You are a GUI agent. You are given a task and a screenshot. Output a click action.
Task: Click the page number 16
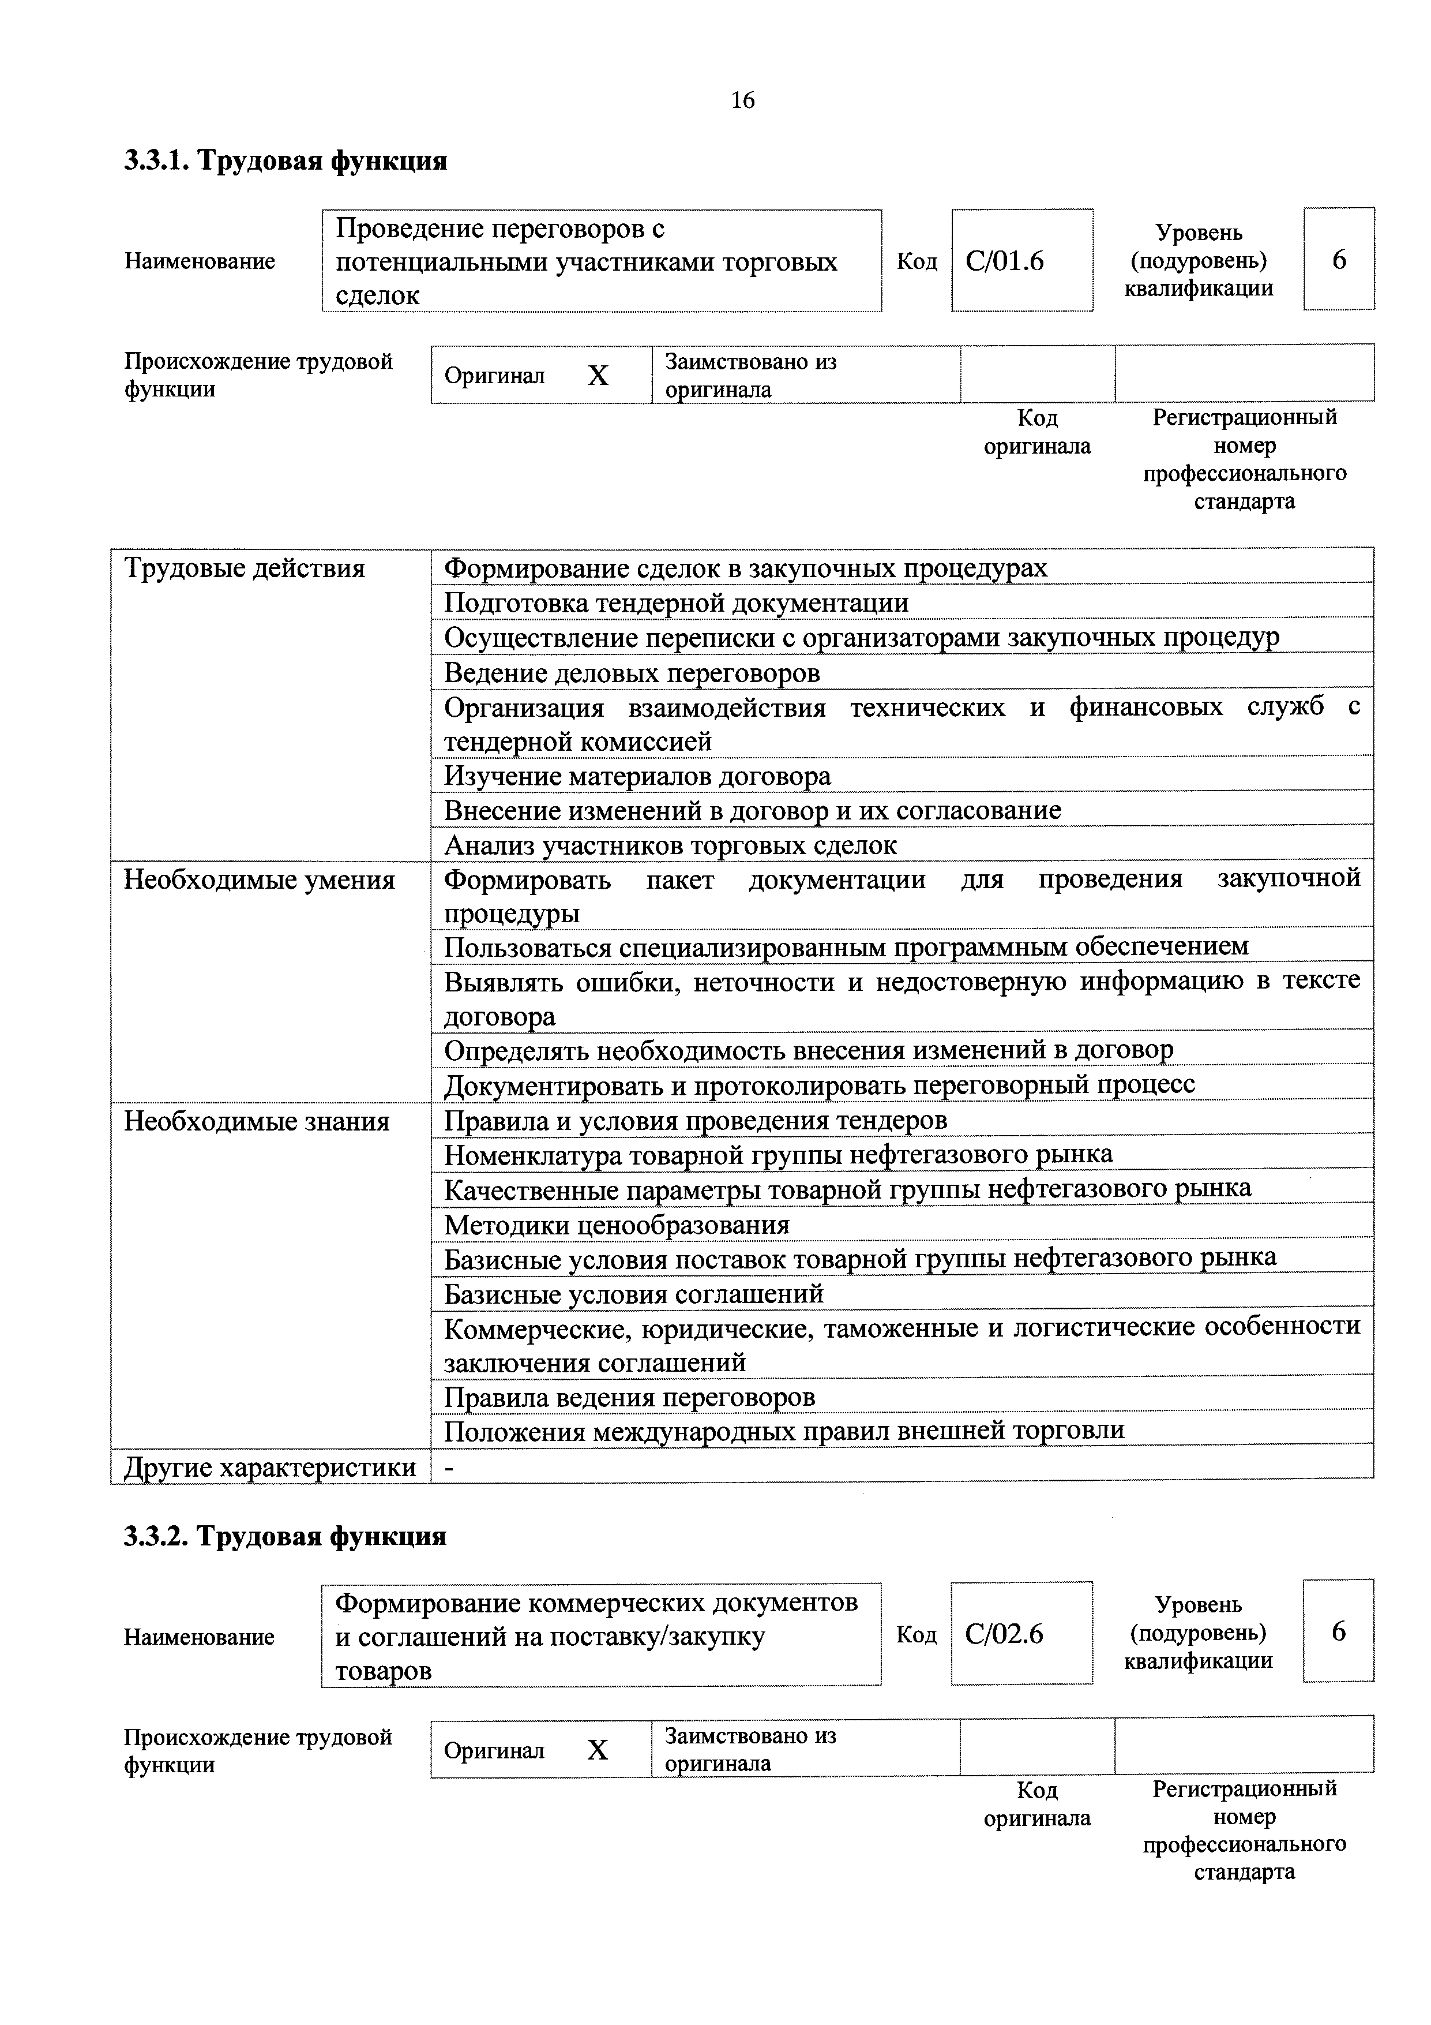coord(742,100)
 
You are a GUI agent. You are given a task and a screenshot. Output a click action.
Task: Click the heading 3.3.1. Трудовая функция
coord(285,160)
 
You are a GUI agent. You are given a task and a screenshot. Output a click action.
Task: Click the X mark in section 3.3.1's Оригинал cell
coord(598,376)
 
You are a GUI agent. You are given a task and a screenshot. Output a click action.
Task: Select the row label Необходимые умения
coord(259,880)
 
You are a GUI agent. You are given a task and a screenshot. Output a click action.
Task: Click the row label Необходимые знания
coord(257,1122)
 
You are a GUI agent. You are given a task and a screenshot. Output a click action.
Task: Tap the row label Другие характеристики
coord(270,1468)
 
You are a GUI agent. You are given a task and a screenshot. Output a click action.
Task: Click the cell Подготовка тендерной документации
coord(676,603)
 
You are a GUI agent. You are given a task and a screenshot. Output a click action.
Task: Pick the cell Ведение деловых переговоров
coord(632,673)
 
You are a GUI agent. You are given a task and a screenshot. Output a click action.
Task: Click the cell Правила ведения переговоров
coord(629,1397)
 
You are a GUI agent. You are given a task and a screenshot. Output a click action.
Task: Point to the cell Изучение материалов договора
coord(637,776)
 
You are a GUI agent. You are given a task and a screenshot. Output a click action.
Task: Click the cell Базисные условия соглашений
coord(633,1294)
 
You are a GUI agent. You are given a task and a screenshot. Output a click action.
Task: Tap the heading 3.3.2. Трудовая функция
coord(285,1536)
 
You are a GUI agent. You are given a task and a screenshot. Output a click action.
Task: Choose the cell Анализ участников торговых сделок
coord(670,845)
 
